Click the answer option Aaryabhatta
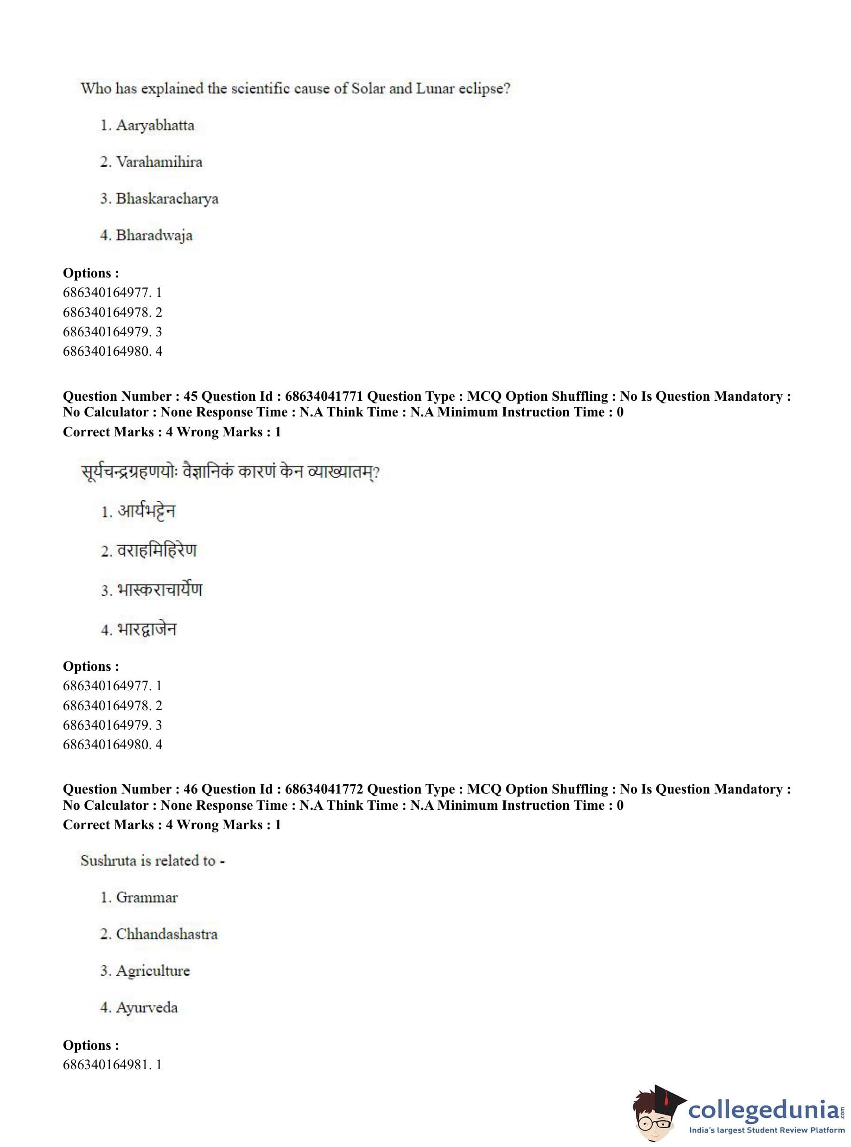(x=154, y=125)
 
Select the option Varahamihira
(x=159, y=162)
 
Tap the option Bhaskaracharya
(x=167, y=199)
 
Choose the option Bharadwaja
(x=153, y=235)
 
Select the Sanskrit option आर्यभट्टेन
(x=146, y=511)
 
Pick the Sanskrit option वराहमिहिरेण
(x=157, y=550)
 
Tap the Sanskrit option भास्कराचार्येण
(x=160, y=589)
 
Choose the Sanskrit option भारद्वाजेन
(x=147, y=629)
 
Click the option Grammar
(x=146, y=897)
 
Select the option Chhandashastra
(x=166, y=934)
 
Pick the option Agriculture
(x=152, y=971)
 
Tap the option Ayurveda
(x=146, y=1008)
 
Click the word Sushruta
(x=101, y=861)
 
